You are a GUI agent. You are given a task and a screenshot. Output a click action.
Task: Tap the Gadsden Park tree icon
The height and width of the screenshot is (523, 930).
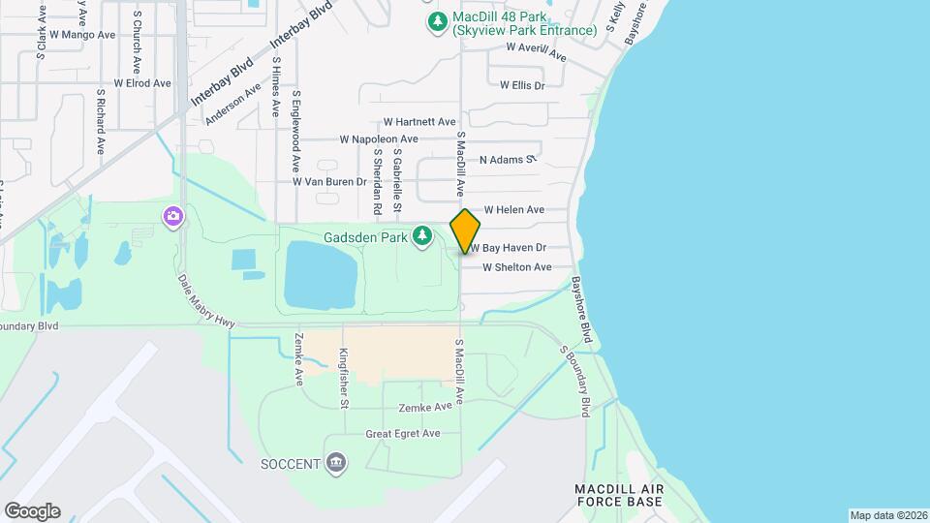coord(422,235)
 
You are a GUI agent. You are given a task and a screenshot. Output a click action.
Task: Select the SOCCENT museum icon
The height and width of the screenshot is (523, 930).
coord(336,463)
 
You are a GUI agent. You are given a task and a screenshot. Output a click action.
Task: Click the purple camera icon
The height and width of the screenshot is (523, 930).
coord(173,215)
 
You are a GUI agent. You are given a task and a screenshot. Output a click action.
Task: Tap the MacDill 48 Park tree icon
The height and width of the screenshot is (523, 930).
coord(438,20)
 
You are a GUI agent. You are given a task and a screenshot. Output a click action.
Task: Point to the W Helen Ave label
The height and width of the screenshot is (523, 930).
coord(513,209)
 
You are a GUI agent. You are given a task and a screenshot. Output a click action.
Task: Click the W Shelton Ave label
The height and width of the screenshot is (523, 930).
coord(516,267)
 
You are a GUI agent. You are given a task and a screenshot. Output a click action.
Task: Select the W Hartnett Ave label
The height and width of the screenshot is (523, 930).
coord(419,122)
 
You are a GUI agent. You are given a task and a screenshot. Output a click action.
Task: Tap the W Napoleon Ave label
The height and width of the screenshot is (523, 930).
coord(379,139)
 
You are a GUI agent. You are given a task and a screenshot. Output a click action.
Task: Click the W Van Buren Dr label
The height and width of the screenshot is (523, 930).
coord(329,181)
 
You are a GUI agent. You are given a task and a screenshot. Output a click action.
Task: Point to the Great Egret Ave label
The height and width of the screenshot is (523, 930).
coord(403,434)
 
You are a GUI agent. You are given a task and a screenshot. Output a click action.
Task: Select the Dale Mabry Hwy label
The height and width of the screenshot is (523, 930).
coord(206,301)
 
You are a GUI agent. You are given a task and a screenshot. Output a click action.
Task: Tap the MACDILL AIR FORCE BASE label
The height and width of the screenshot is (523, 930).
coord(619,495)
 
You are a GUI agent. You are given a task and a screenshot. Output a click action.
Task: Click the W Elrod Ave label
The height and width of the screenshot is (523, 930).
coord(142,83)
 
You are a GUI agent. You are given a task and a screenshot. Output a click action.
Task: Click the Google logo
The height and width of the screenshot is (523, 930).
coord(32,510)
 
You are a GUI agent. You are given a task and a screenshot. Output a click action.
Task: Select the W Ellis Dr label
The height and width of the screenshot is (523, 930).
coord(522,85)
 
